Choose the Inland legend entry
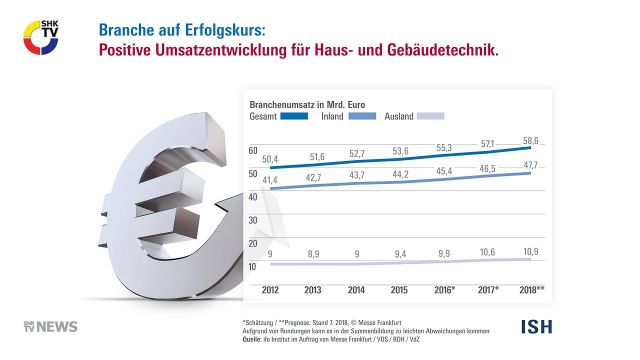click(x=334, y=117)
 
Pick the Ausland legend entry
click(x=400, y=117)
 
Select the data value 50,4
click(x=270, y=158)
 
